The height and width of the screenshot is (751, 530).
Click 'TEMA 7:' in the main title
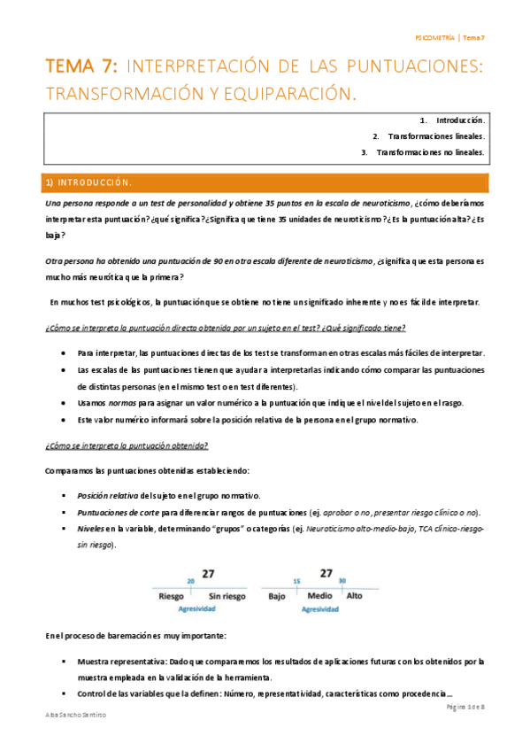click(x=83, y=66)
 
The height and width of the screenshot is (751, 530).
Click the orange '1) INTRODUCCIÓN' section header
click(x=88, y=183)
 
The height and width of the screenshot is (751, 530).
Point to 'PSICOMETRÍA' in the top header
click(x=435, y=38)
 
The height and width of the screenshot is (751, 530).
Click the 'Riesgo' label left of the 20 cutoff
click(x=171, y=597)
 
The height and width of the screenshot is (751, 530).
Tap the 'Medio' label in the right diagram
click(x=319, y=597)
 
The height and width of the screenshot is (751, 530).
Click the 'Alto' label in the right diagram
click(x=355, y=597)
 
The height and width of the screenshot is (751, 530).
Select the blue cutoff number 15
click(x=296, y=581)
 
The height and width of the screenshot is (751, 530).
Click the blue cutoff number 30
click(x=342, y=581)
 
